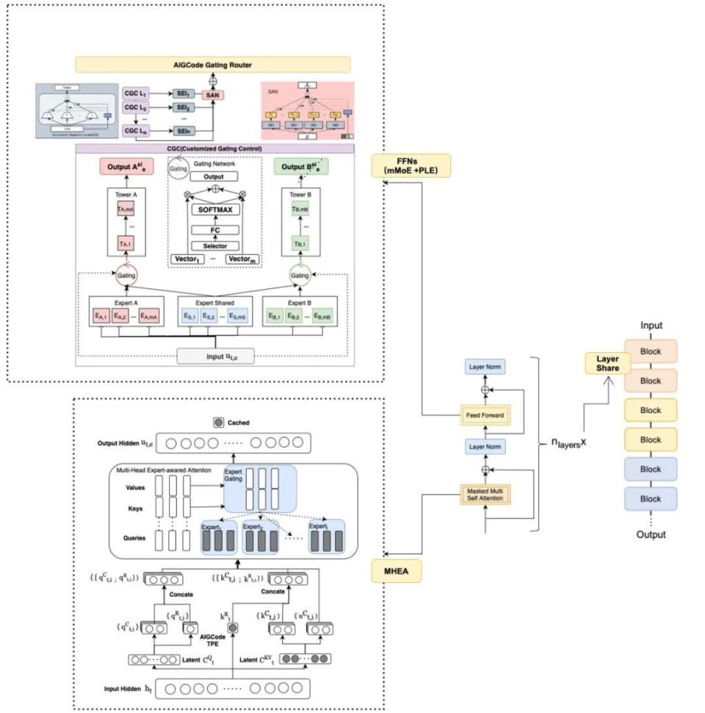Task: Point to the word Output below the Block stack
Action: (x=651, y=534)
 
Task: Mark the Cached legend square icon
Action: (x=218, y=423)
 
